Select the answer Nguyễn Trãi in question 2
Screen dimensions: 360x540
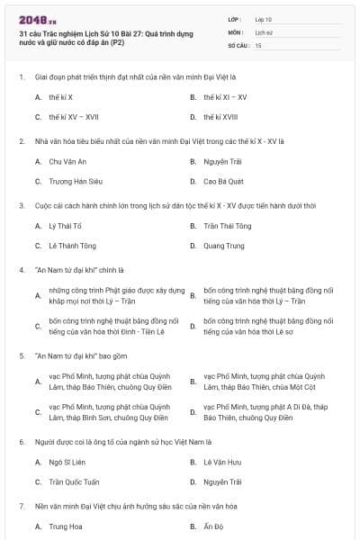(221, 161)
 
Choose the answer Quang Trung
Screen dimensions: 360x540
(222, 246)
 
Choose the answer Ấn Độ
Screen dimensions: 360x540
(213, 526)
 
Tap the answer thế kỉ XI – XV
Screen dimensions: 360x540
(224, 96)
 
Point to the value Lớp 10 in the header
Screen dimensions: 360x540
(263, 18)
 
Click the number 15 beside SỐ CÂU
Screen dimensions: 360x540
(258, 44)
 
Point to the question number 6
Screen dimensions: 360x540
(22, 442)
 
